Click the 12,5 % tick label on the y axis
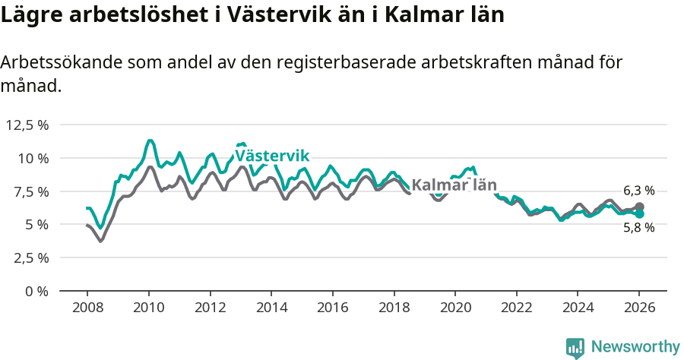pos(27,125)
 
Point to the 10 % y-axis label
pos(33,158)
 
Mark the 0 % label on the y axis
pos(37,291)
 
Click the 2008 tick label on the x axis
pos(87,308)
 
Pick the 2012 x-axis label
pos(210,308)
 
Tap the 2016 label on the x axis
pos(332,308)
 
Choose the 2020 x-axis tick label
pos(455,308)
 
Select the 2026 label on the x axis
pos(639,308)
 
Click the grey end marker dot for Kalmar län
pos(639,207)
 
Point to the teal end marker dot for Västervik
pos(639,214)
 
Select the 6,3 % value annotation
pos(638,191)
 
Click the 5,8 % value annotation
pos(638,228)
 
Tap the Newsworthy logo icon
pos(575,347)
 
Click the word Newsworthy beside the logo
pos(635,347)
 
